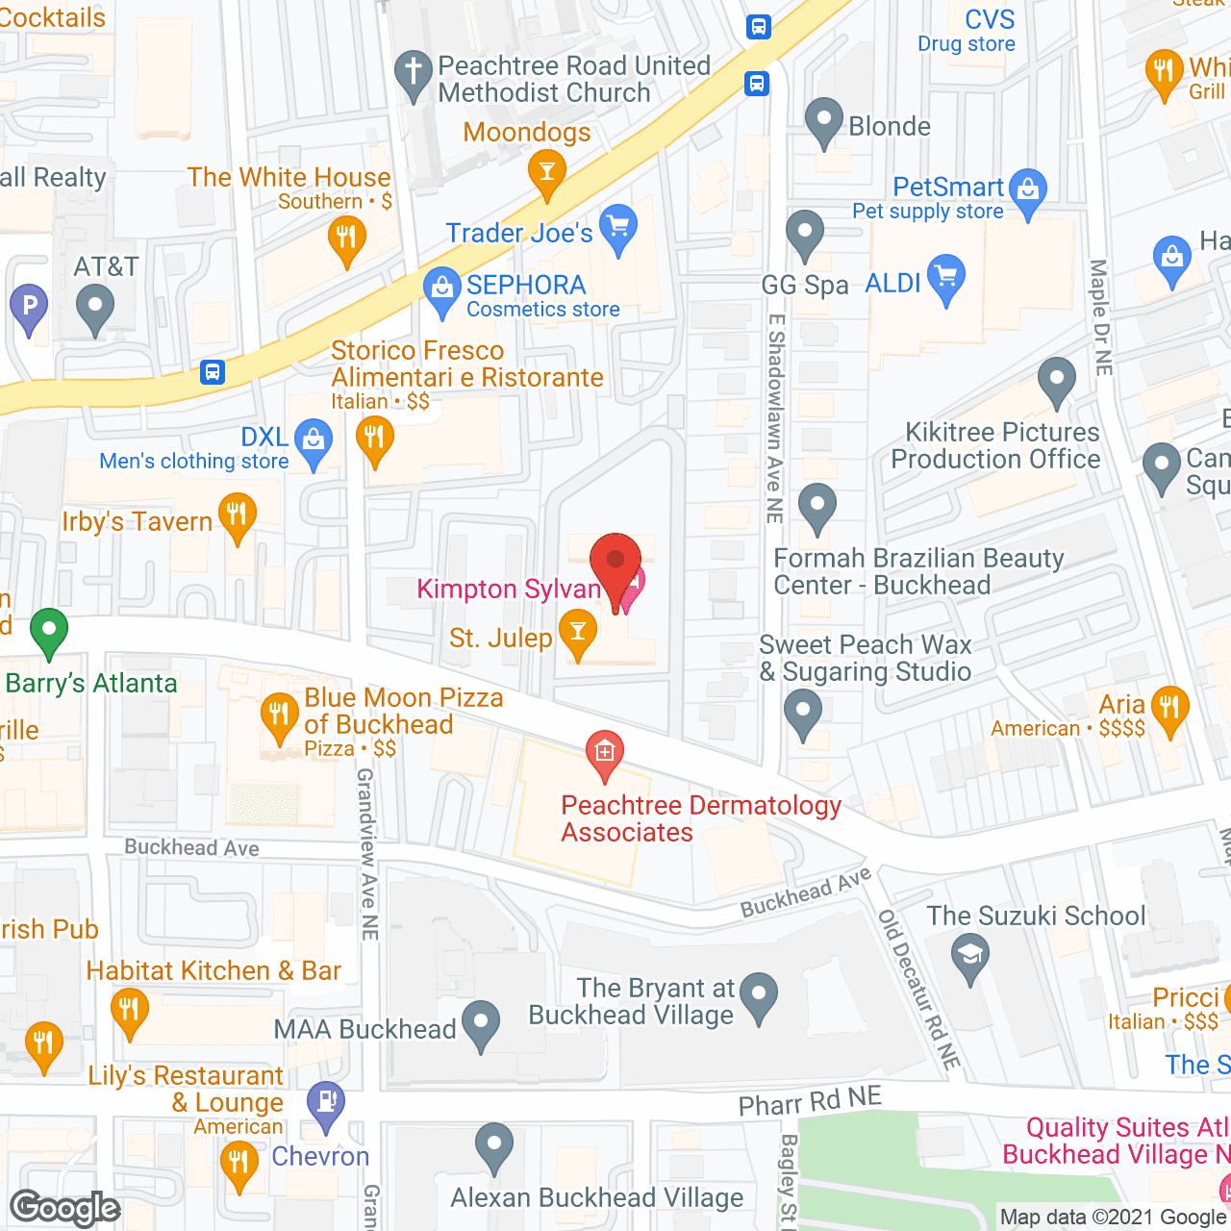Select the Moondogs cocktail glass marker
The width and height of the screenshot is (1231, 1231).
coord(546,174)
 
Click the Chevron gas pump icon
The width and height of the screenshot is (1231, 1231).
coord(326,1102)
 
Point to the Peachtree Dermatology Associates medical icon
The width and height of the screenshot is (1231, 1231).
coord(605,752)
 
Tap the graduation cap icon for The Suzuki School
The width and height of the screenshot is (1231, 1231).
coord(969,956)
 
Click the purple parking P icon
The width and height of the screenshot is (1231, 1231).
coord(29,308)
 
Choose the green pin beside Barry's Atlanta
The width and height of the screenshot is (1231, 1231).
coord(48,631)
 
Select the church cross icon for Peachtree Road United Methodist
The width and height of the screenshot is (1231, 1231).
coord(414,72)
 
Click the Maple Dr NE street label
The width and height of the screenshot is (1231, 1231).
coord(1100,317)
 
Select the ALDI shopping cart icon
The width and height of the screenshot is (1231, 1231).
coord(946,277)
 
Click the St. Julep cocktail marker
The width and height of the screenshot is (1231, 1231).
coord(577,632)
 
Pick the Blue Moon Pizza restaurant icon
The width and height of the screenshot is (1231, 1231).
coord(279,715)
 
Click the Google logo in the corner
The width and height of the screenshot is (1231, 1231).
coord(65,1208)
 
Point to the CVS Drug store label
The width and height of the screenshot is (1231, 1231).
coord(967,31)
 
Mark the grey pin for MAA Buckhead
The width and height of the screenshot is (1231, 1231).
coord(481,1023)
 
